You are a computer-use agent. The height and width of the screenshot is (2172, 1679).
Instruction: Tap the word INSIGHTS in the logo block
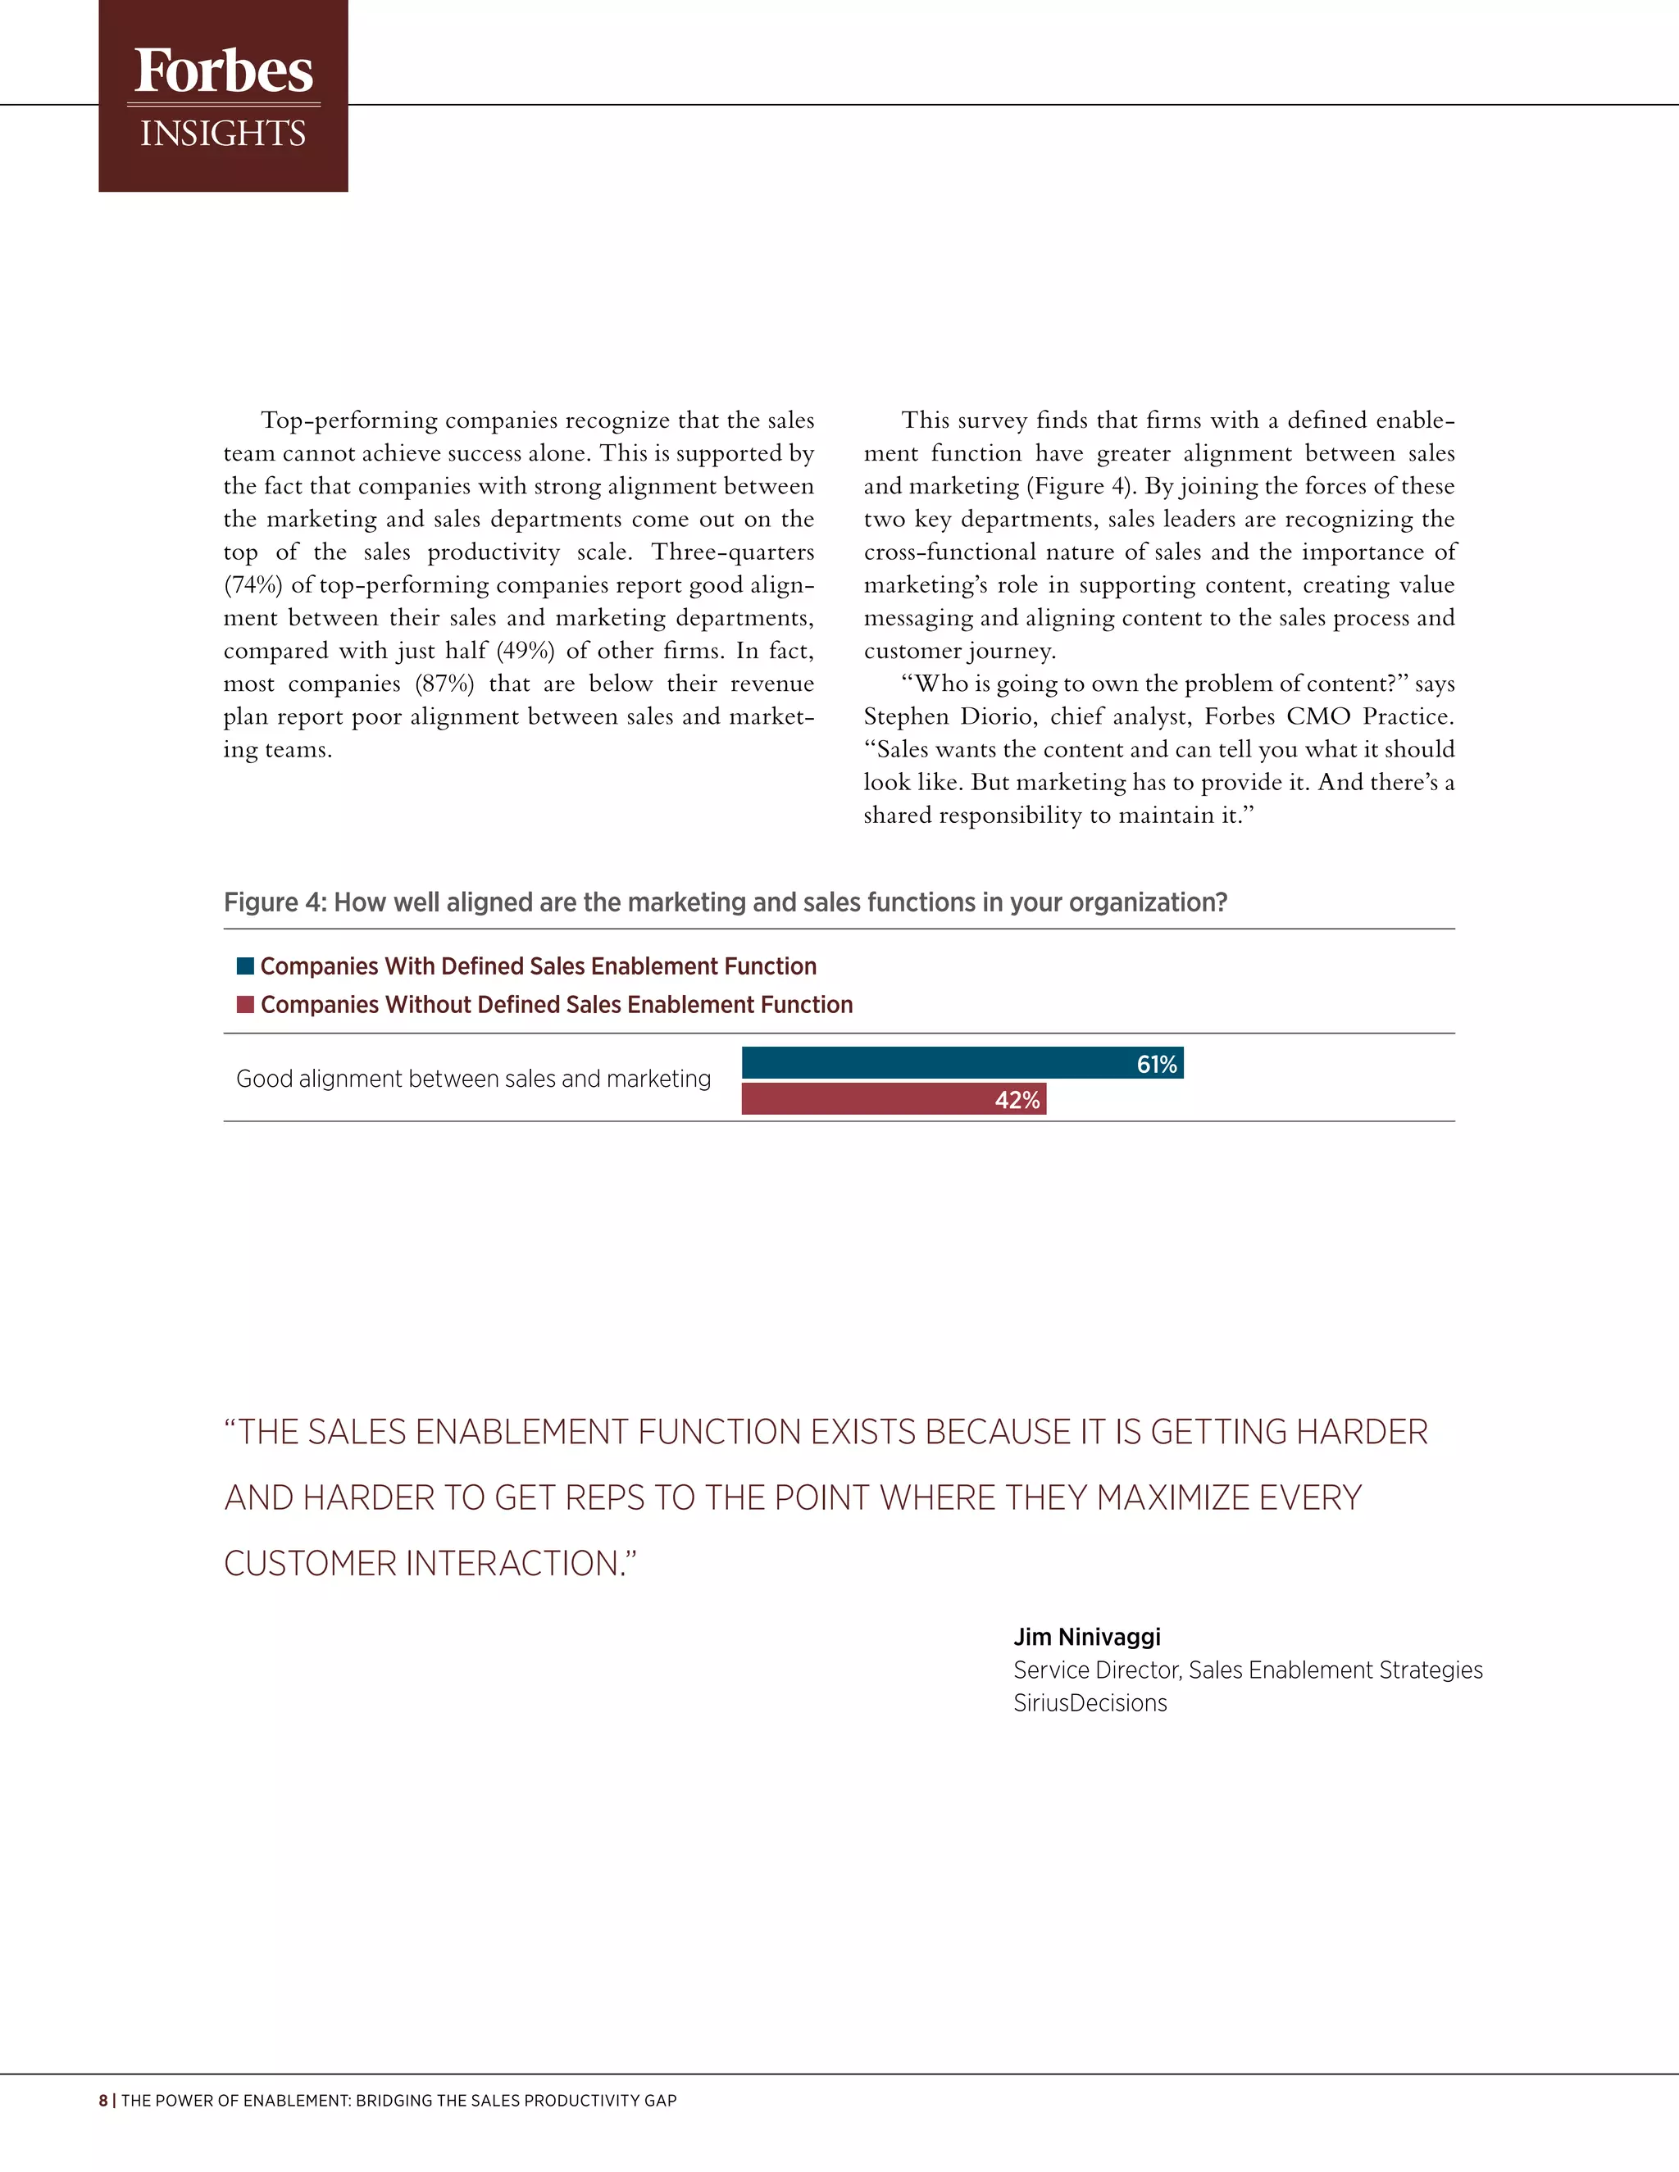[223, 134]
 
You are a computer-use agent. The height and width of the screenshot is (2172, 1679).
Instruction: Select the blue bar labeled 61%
[935, 1063]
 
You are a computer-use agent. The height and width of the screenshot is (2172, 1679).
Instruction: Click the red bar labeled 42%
[866, 1099]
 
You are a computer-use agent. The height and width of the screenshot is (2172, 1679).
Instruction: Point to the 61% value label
[1157, 1064]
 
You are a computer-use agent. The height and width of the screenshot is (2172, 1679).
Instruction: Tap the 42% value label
[1017, 1100]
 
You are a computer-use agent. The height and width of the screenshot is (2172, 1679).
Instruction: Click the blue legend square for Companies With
[244, 966]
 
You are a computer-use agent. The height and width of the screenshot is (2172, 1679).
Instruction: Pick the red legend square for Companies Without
[244, 1005]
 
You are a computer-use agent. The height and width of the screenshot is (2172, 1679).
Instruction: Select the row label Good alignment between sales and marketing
[474, 1079]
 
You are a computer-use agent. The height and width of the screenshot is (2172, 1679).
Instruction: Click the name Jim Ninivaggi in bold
[1086, 1637]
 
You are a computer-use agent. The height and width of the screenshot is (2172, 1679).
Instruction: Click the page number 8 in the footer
[103, 2101]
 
